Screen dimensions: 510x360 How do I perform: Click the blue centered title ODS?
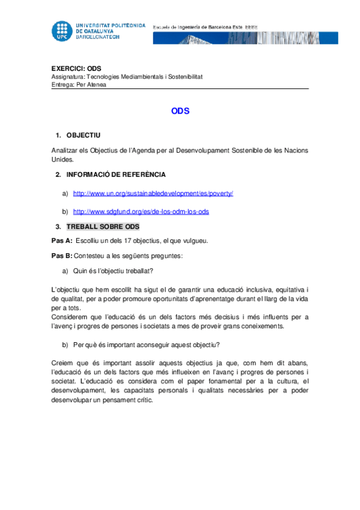180,111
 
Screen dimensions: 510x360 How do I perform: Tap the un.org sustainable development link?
153,194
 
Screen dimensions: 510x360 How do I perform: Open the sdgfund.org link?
141,212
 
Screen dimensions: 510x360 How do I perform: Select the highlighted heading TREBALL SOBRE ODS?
103,227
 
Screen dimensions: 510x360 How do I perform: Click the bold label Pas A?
63,241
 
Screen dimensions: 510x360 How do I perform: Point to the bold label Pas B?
63,256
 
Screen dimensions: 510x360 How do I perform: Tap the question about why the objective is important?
146,345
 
